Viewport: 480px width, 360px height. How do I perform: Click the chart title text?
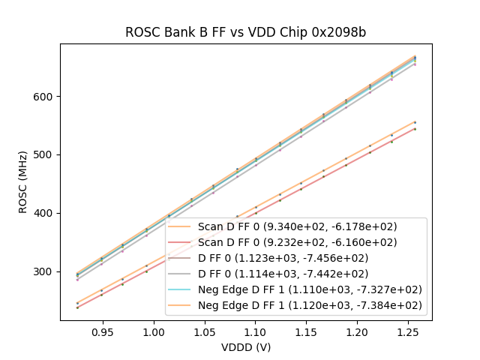pos(245,32)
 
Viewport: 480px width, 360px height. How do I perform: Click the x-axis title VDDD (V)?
pos(245,347)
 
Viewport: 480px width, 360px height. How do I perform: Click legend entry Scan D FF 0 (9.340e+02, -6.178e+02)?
pos(297,226)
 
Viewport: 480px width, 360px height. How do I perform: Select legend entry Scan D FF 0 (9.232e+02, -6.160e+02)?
pos(297,242)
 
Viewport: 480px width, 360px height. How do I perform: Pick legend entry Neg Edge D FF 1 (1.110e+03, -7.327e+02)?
pos(309,289)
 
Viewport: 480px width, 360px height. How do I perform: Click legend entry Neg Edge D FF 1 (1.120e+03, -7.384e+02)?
pos(309,305)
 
